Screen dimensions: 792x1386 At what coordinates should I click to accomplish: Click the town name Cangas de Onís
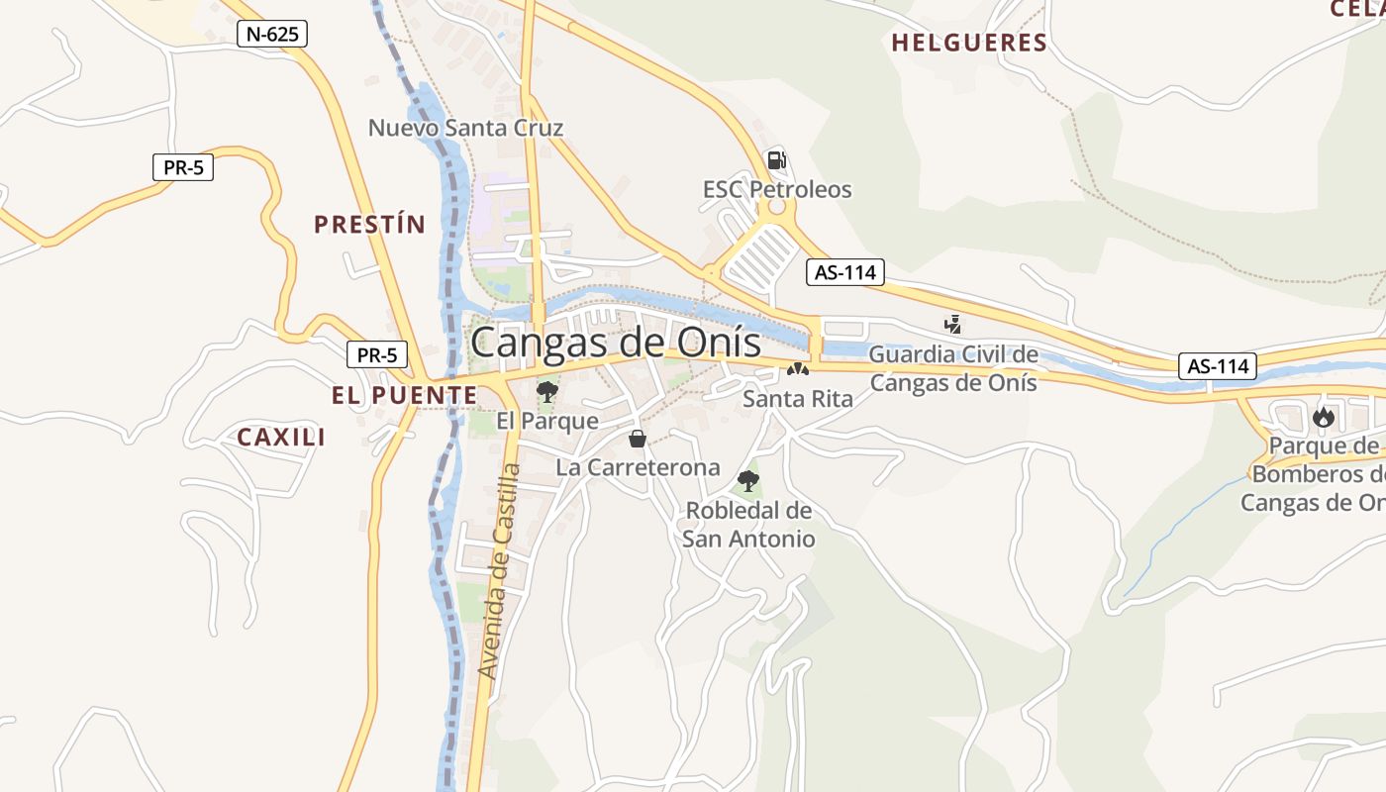pos(616,343)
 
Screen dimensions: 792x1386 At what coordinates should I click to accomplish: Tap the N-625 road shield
pos(272,34)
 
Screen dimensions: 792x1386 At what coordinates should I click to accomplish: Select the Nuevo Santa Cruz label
pos(465,128)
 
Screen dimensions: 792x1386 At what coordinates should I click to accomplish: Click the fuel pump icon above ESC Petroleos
pos(777,159)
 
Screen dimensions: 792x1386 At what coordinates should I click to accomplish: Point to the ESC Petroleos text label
pos(777,189)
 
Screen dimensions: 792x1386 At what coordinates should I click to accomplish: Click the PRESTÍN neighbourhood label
pos(369,225)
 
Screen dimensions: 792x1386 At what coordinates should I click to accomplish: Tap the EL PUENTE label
pos(404,395)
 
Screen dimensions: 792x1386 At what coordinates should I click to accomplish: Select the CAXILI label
pos(281,437)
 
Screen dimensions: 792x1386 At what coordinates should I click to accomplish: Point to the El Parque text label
pos(547,421)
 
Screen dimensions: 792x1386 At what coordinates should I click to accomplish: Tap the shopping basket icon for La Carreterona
pos(638,439)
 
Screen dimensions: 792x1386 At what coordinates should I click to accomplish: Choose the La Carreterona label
pos(638,467)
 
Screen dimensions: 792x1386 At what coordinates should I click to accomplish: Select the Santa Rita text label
pos(798,399)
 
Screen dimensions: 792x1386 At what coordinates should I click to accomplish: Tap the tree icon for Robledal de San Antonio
pos(748,482)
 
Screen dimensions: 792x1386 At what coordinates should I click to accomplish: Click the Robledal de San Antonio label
pos(748,525)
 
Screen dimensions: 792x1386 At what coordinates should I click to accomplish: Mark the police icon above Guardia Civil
pos(953,324)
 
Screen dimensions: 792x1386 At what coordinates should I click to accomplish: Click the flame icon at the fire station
pos(1324,417)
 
